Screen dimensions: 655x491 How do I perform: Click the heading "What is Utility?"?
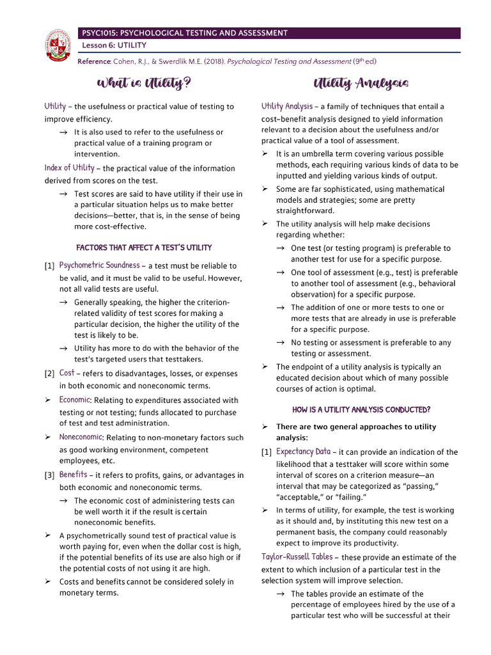[x=143, y=83]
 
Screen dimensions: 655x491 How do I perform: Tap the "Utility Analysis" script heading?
[x=361, y=84]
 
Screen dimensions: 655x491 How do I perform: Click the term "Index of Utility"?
[x=69, y=168]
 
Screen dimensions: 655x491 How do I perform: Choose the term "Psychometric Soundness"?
[x=99, y=265]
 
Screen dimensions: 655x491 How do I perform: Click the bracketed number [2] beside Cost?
[x=49, y=374]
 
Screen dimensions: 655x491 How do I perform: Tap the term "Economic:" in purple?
[x=75, y=400]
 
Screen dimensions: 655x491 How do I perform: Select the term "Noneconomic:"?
[x=81, y=437]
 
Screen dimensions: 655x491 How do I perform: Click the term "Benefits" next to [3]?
[x=73, y=475]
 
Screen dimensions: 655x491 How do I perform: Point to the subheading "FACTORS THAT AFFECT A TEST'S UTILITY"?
[x=144, y=248]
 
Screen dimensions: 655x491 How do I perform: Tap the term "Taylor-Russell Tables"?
[x=296, y=556]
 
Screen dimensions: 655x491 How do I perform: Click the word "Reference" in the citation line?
[x=94, y=61]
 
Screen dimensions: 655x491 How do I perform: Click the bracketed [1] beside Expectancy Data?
[x=267, y=452]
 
